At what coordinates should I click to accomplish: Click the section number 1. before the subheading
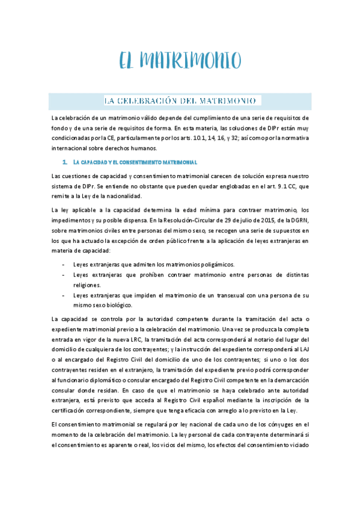pos(64,162)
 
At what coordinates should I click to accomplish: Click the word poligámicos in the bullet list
pos(212,264)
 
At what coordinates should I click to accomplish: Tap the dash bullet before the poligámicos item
pos(64,264)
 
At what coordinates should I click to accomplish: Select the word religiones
pos(87,285)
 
